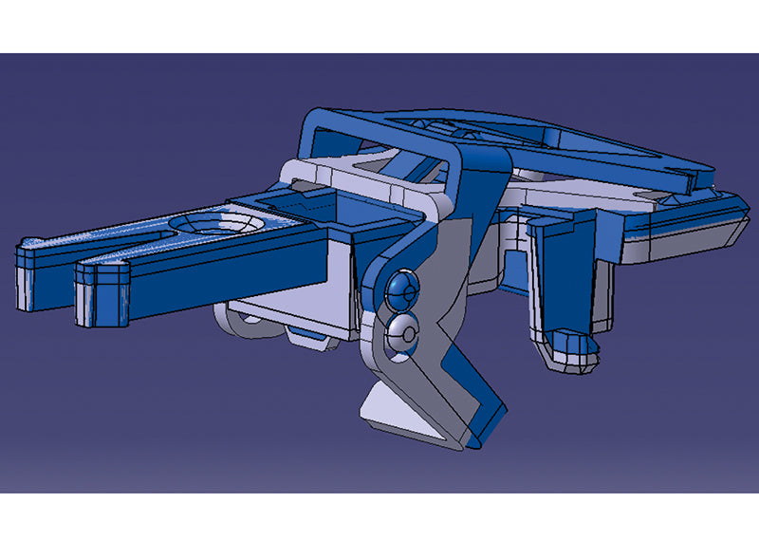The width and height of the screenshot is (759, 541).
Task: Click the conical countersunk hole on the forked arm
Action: point(216,223)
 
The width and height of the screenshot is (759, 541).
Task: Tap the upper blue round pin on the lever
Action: point(402,287)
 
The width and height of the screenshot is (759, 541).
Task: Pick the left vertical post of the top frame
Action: point(314,142)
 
